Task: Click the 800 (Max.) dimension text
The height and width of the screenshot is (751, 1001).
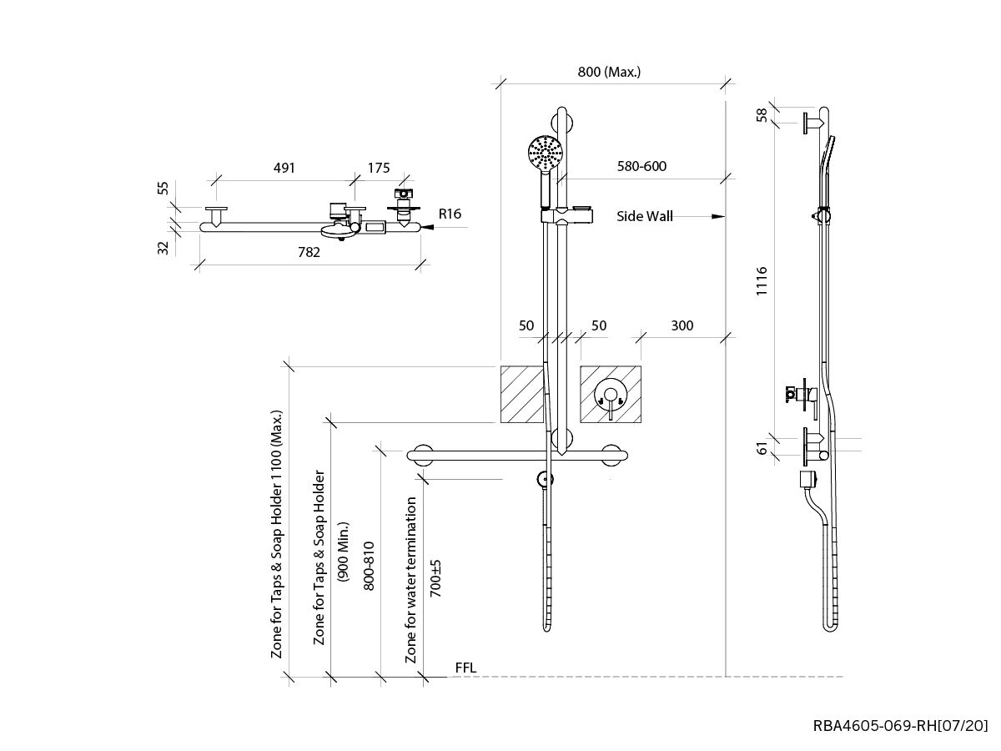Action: pos(609,72)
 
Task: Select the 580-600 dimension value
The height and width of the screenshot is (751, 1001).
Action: pos(641,166)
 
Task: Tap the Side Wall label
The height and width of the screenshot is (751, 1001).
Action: pos(644,216)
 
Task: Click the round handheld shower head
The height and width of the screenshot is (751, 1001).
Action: pos(546,153)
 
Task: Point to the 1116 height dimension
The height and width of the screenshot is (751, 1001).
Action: pos(762,281)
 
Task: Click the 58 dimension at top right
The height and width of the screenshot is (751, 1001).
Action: pos(762,115)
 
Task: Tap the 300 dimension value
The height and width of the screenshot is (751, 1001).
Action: pos(682,325)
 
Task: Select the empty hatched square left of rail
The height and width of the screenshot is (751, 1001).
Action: pos(521,394)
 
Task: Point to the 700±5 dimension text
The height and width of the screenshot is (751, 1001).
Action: pos(435,577)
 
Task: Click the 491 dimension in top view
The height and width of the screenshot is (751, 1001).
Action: pos(284,168)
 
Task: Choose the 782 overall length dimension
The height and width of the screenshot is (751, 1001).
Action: pos(309,253)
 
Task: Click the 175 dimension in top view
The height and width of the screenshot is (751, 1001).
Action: pos(379,168)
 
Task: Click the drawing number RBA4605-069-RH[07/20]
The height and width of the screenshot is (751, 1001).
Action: pos(901,725)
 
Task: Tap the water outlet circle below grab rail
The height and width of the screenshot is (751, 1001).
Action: pos(545,480)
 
